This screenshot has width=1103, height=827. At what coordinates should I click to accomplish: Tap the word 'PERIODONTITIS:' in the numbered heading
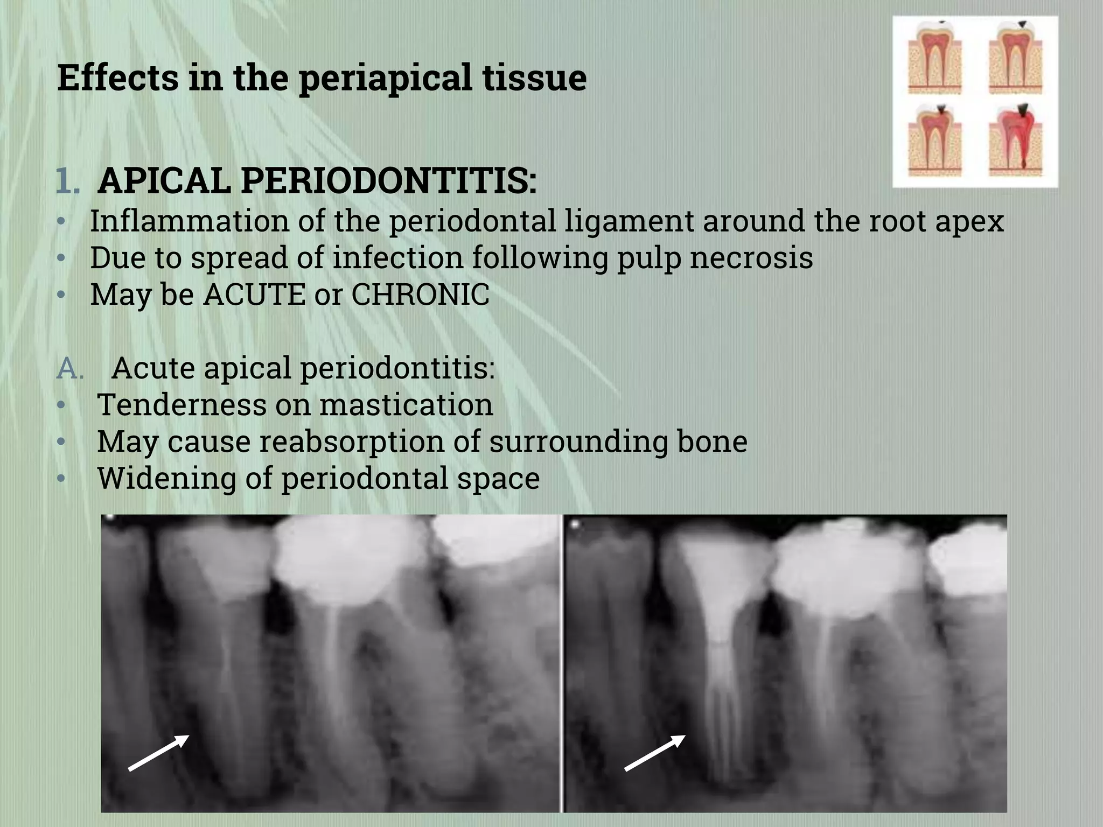tap(388, 181)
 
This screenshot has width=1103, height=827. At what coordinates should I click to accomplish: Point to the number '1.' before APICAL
tap(68, 181)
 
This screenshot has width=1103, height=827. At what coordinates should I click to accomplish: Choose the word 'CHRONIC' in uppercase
tap(420, 295)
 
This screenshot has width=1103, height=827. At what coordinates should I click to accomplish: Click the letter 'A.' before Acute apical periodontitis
tap(71, 369)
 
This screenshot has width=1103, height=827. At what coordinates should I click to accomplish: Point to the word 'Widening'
tap(166, 478)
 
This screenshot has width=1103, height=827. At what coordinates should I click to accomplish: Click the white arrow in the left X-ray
tap(159, 752)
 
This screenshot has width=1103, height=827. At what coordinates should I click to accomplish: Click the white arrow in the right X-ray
tap(655, 752)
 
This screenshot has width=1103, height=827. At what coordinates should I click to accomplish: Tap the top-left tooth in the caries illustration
tap(934, 57)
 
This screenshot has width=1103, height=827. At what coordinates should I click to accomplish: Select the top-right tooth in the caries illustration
tap(1015, 57)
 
